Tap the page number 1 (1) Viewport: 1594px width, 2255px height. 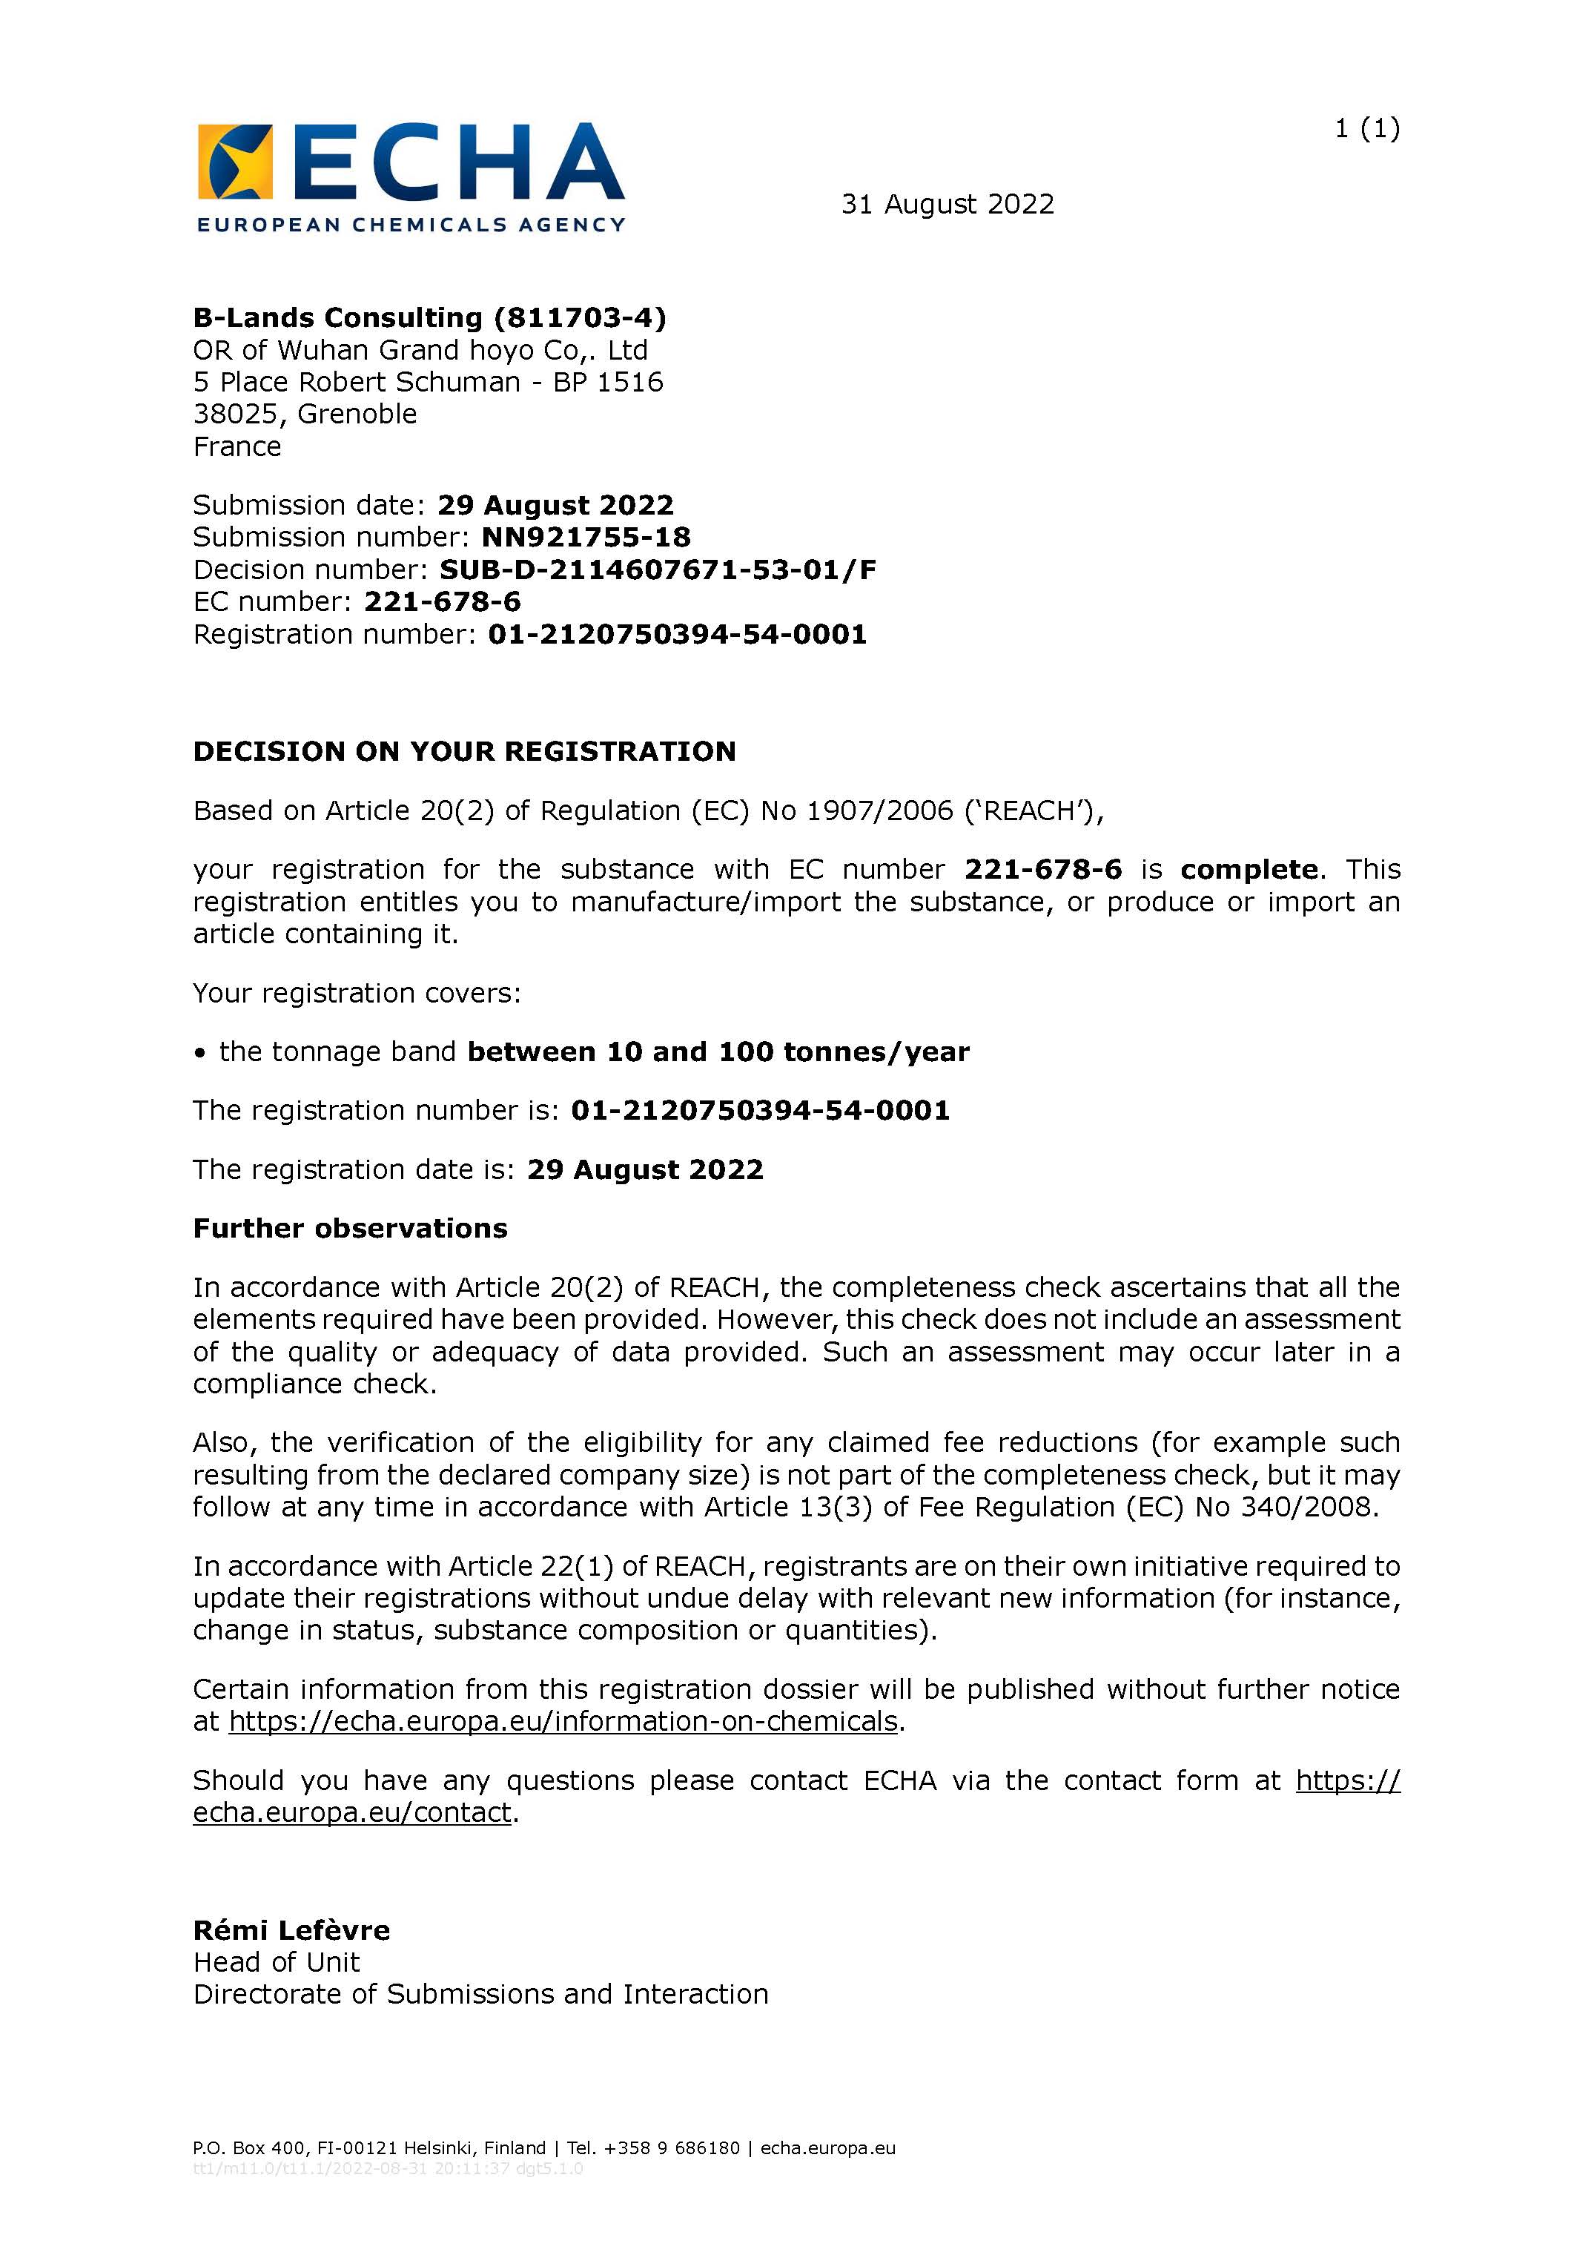click(1366, 129)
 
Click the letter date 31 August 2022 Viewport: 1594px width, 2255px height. click(947, 204)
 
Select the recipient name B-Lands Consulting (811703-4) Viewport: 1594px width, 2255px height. click(429, 318)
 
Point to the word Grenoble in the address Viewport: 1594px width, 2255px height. click(357, 415)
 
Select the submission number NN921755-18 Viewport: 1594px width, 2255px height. click(586, 537)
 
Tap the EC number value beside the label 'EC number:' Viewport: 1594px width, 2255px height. click(442, 602)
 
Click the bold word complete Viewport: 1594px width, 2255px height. click(1249, 870)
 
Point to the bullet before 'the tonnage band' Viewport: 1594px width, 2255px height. click(200, 1053)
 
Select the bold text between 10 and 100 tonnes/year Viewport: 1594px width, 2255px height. click(717, 1052)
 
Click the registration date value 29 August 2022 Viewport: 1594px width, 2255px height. click(644, 1169)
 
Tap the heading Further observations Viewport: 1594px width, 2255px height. click(350, 1229)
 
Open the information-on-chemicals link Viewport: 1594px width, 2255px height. click(563, 1722)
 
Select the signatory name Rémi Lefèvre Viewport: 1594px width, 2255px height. click(291, 1931)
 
